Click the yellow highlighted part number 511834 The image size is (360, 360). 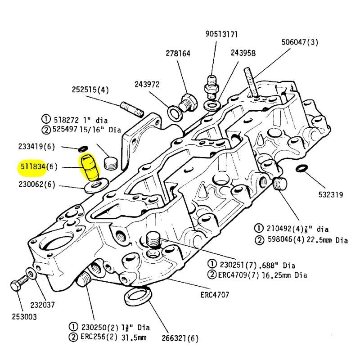click(x=32, y=167)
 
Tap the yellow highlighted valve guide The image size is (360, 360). click(x=90, y=168)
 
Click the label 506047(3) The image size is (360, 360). click(x=300, y=42)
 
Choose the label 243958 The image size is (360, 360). click(x=243, y=53)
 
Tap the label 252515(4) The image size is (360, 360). click(x=90, y=90)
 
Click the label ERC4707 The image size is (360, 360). click(x=215, y=296)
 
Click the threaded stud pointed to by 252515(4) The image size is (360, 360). click(x=132, y=108)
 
